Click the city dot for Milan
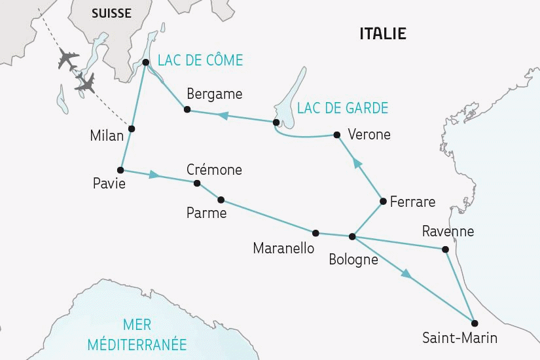132,128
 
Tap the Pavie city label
109,185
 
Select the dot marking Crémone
197,183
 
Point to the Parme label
206,213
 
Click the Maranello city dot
315,232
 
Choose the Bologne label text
354,259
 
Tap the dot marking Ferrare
382,201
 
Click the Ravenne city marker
446,249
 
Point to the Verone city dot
336,135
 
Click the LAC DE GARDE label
342,108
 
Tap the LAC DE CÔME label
200,61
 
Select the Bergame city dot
187,109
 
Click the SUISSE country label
111,13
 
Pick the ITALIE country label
383,33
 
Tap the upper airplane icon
68,58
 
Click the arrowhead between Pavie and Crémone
154,175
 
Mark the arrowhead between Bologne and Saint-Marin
407,276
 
